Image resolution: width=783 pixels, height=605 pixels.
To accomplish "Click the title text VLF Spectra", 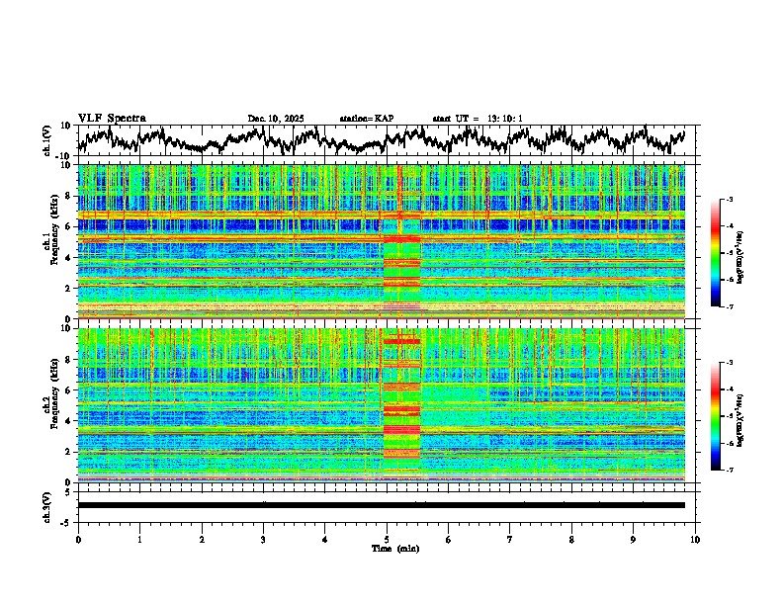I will click(112, 119).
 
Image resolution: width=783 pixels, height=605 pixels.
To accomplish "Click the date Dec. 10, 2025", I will click(276, 119).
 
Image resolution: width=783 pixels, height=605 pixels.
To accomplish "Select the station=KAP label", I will click(367, 119).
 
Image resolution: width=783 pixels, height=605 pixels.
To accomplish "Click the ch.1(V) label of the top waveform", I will click(47, 140).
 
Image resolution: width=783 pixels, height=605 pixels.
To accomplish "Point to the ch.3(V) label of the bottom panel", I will click(47, 504).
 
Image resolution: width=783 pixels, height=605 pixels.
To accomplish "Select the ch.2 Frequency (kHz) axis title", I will click(50, 404).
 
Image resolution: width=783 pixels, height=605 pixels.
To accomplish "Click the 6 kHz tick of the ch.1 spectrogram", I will click(68, 226).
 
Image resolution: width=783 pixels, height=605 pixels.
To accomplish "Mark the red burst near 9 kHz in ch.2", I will click(401, 341).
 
